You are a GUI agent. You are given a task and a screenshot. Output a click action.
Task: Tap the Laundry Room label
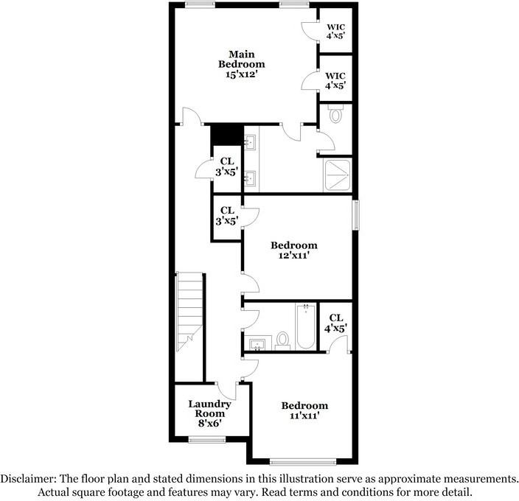210,409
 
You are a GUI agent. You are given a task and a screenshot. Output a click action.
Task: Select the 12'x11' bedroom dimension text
293,256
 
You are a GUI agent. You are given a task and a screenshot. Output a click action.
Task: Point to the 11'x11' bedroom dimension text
304,416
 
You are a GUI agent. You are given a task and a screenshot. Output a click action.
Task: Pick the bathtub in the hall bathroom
305,326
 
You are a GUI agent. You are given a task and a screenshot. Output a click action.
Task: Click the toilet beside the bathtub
282,341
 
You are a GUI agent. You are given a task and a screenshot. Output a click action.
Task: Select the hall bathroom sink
257,343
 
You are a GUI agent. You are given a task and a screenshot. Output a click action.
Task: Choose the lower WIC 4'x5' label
335,80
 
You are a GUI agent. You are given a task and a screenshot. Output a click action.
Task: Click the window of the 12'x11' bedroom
355,214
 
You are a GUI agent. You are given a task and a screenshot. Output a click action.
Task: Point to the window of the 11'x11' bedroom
303,462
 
